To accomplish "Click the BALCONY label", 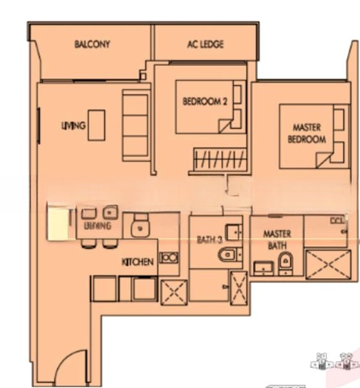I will tap(92, 45).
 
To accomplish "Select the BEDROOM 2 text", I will tap(205, 101).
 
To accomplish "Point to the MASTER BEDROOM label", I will tap(306, 134).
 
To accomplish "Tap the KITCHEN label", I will tap(138, 262).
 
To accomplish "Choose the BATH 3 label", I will tap(209, 239).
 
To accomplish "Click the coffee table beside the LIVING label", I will tap(97, 125).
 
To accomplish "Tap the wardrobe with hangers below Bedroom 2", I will tap(218, 159).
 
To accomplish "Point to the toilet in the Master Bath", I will tap(285, 263).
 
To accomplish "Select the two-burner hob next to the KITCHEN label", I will tap(169, 257).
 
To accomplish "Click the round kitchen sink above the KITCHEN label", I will tap(138, 228).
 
